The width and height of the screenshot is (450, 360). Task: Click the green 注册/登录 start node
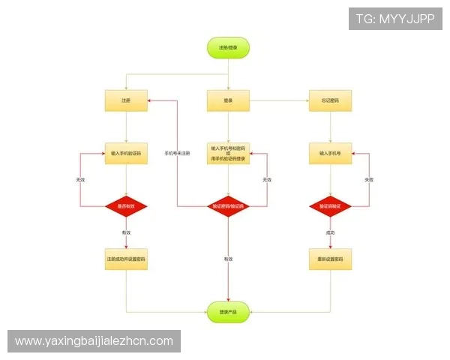(228, 47)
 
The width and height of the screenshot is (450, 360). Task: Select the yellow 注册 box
(126, 100)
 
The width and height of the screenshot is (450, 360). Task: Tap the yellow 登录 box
(228, 100)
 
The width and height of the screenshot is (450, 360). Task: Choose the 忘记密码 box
(330, 100)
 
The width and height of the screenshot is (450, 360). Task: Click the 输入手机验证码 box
(126, 153)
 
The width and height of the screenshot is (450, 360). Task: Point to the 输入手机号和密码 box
(228, 154)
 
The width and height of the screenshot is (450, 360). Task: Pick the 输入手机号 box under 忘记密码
(330, 153)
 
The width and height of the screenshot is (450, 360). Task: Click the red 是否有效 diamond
(126, 205)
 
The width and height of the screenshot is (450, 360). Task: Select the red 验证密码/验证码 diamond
(228, 205)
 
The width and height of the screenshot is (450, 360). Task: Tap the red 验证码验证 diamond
(330, 205)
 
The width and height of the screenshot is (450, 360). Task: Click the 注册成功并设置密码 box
(126, 259)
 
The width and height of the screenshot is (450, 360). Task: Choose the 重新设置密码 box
(330, 259)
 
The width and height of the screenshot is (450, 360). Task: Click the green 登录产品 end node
(228, 311)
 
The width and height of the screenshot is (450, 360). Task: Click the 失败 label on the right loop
(368, 180)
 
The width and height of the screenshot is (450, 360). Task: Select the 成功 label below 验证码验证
(330, 233)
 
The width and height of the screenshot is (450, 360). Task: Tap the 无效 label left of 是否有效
(79, 180)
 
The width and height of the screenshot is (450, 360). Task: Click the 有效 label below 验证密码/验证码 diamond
(228, 259)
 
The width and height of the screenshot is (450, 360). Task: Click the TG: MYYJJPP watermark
(395, 19)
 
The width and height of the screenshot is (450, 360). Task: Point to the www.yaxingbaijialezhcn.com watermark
(94, 341)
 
